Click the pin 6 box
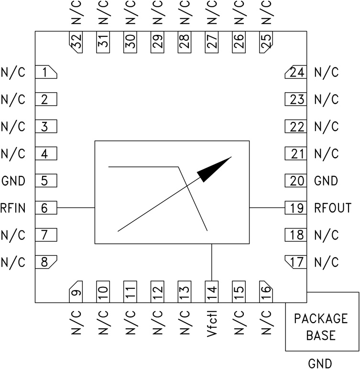pos(46,208)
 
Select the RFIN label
pos(13,208)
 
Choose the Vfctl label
pos(211,325)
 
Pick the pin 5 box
pos(46,181)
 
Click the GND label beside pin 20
pos(326,181)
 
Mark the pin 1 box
pos(46,73)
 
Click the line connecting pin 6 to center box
pos(76,208)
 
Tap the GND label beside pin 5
pos(13,181)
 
